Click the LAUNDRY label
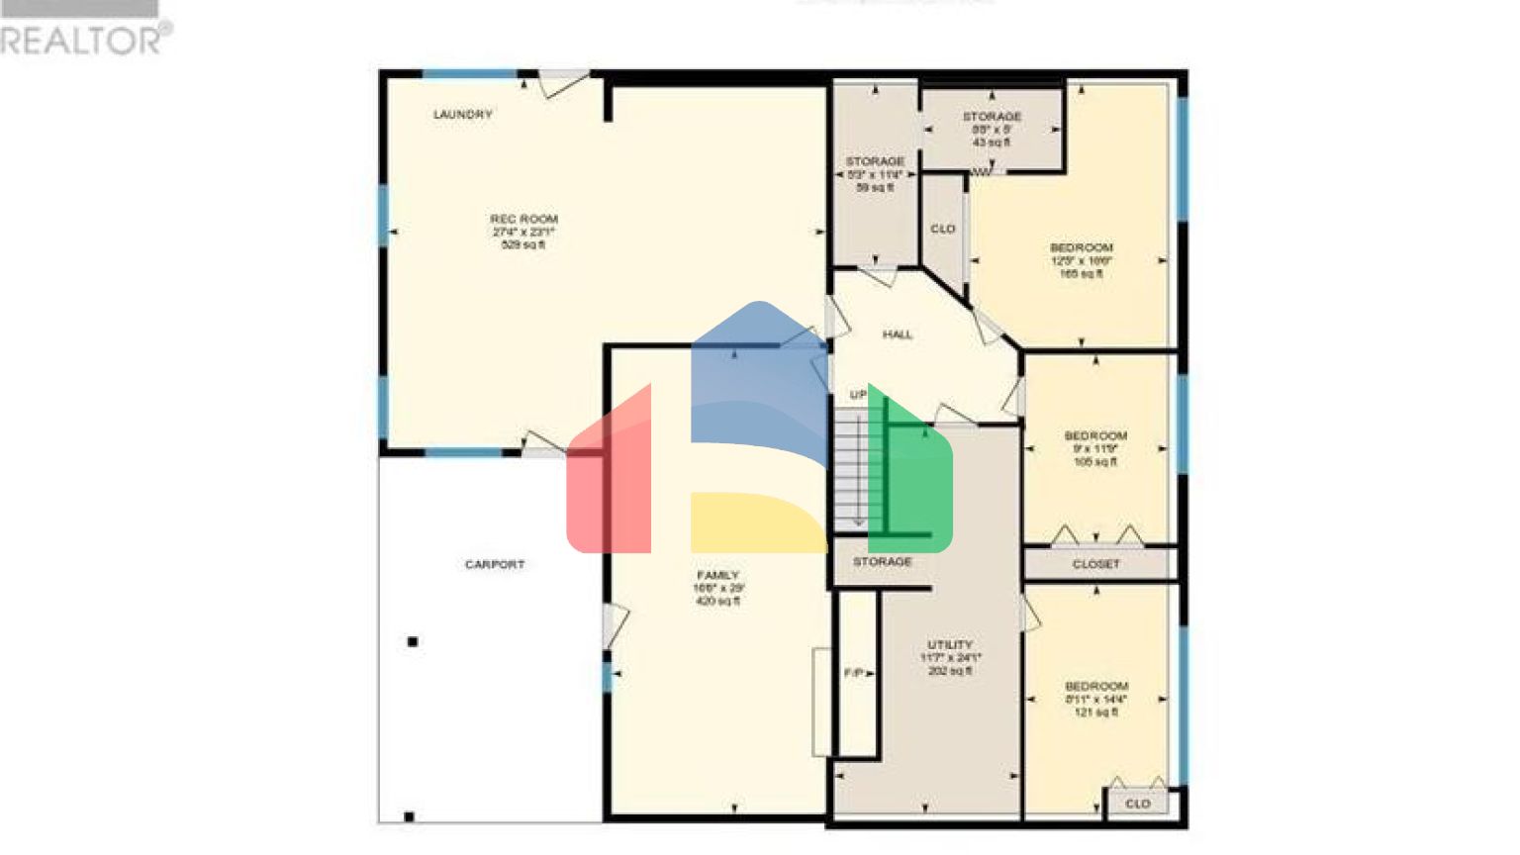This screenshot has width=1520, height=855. pos(462,115)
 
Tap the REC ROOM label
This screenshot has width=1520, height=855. pos(523,219)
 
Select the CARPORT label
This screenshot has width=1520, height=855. pos(495,565)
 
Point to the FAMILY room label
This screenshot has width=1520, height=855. pos(717,575)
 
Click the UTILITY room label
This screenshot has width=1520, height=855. pos(950,644)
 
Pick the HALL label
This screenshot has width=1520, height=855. pos(898,334)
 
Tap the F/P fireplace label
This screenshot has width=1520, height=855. pos(853,673)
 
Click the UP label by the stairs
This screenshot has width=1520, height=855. pos(858,395)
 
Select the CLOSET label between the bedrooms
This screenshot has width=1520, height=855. pos(1096,564)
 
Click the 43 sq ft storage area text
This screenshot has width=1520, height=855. pos(992,142)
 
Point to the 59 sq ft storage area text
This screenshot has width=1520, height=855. pos(875,187)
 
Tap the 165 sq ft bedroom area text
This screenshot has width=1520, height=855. pos(1082,274)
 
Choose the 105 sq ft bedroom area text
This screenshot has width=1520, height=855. pos(1095,462)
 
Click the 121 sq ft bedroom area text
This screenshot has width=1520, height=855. pos(1096,712)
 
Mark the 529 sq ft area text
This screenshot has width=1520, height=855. pos(523,244)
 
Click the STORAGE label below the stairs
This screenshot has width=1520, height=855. pos(882,562)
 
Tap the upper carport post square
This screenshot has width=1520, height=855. pos(413,642)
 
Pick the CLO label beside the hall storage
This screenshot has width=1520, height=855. pos(943,230)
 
